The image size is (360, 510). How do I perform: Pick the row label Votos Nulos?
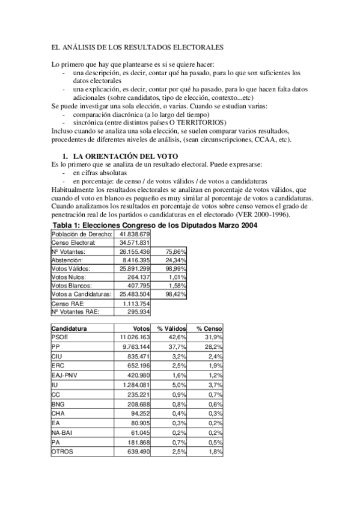pos(67,277)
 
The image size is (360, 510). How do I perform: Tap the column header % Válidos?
pos(169,329)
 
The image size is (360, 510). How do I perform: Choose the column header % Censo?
pos(208,329)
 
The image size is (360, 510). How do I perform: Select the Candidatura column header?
pos(69,329)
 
